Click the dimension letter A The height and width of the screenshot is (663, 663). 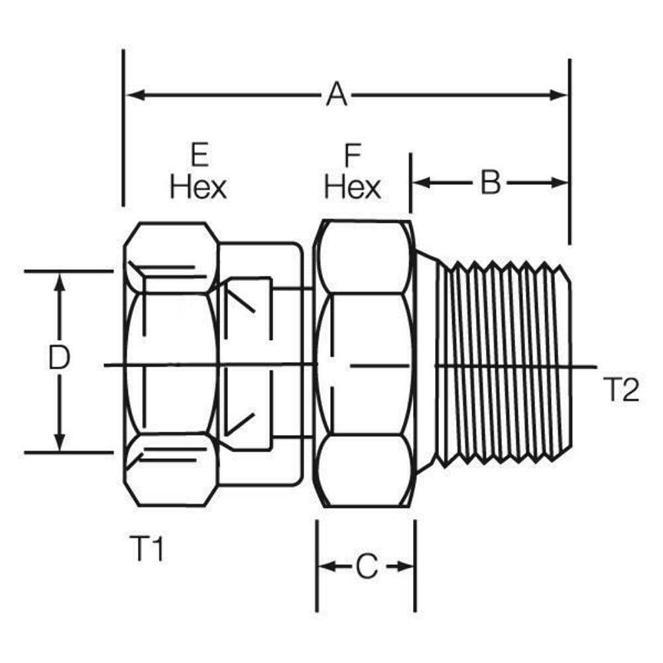(x=336, y=95)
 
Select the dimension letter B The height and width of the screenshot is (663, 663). (x=490, y=183)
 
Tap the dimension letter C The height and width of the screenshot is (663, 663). (x=366, y=567)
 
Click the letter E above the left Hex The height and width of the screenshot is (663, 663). (x=199, y=156)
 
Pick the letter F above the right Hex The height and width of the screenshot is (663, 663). (x=352, y=156)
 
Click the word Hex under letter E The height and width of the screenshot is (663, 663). (x=198, y=188)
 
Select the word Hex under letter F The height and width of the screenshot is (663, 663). (x=352, y=188)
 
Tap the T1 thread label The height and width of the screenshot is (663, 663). (x=145, y=550)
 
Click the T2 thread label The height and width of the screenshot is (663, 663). (x=621, y=391)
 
